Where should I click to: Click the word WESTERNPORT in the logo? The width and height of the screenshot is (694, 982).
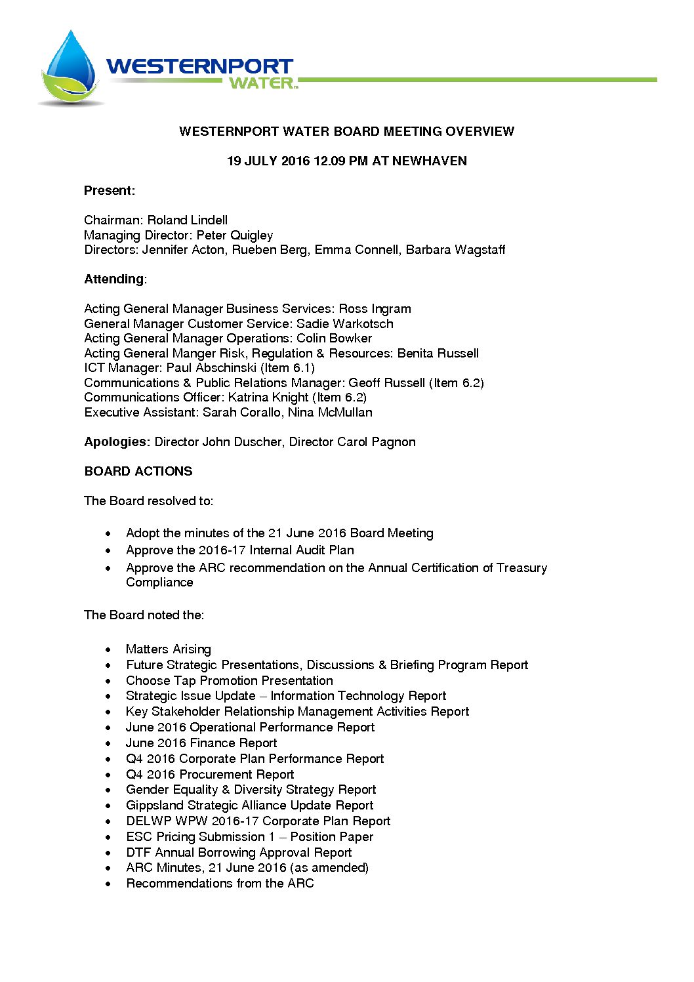199,66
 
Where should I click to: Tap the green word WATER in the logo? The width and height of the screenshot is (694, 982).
262,83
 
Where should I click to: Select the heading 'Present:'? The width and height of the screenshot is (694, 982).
110,191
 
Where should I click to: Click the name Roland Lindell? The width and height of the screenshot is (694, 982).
188,220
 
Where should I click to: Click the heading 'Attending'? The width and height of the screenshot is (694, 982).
113,279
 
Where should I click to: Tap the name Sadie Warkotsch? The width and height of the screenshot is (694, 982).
345,324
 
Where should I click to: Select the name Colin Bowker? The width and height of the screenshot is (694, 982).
334,338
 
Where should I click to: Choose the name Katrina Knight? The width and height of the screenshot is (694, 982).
268,398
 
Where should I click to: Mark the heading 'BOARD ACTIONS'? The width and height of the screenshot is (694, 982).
138,472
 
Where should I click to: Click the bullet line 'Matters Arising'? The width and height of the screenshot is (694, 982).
169,649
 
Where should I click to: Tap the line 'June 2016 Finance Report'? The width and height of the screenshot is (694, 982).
201,743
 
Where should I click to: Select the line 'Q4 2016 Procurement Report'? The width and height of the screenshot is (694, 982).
210,775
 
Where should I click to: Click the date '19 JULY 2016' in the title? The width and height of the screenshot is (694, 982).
268,161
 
